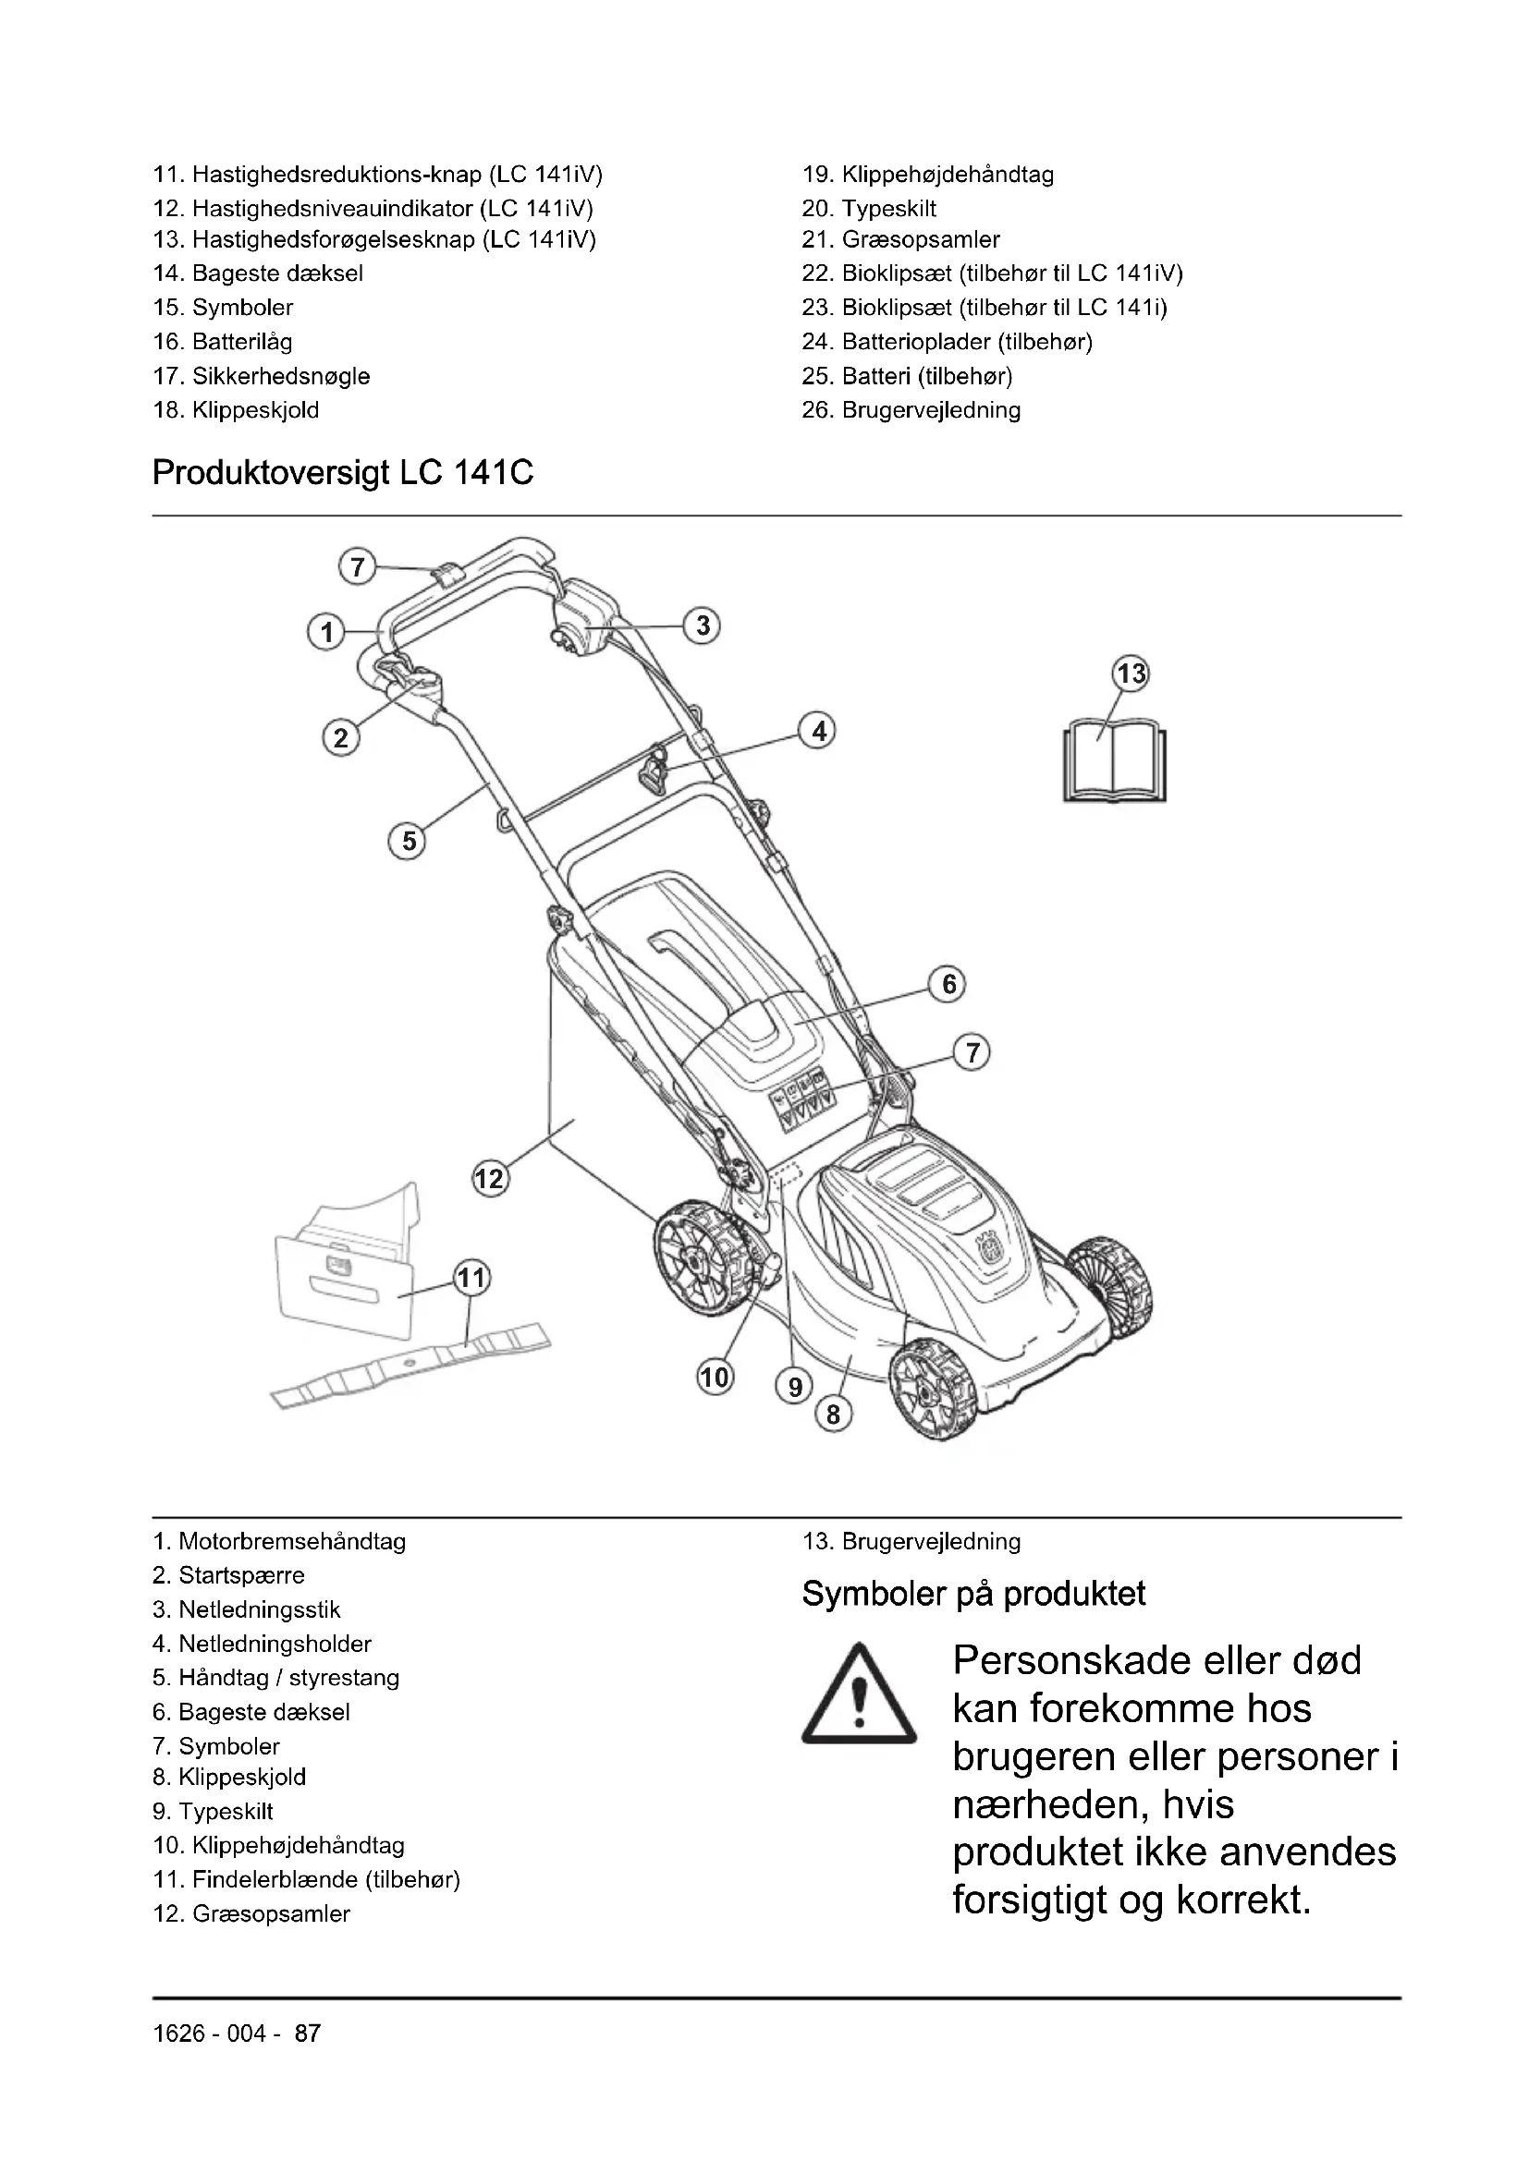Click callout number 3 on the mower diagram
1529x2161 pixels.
point(703,625)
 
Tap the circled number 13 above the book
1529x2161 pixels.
point(1131,674)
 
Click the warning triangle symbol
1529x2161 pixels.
point(859,1695)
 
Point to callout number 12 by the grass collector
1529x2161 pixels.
point(490,1178)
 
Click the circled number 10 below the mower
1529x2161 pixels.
point(715,1378)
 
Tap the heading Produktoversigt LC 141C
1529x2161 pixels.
point(343,472)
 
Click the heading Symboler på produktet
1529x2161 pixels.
point(973,1595)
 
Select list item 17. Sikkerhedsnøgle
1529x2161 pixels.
point(262,376)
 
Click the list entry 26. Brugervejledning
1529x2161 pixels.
point(911,410)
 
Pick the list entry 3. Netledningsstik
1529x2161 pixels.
point(247,1610)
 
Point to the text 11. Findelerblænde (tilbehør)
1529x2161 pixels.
point(306,1879)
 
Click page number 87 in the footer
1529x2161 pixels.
point(308,2034)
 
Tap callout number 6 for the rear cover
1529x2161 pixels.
point(948,985)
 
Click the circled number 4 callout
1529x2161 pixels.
point(818,732)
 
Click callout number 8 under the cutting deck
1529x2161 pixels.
point(833,1414)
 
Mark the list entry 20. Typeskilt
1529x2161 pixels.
point(869,208)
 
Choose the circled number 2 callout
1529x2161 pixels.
point(341,737)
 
